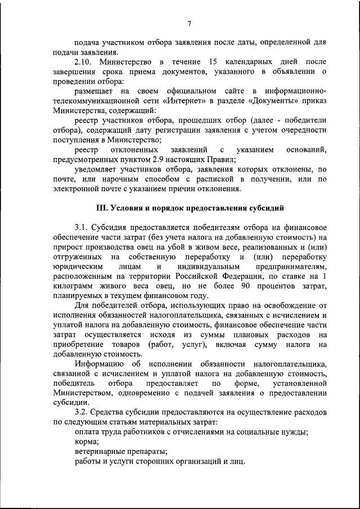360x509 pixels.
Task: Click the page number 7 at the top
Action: coord(190,23)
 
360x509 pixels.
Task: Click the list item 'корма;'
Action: coord(87,442)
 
